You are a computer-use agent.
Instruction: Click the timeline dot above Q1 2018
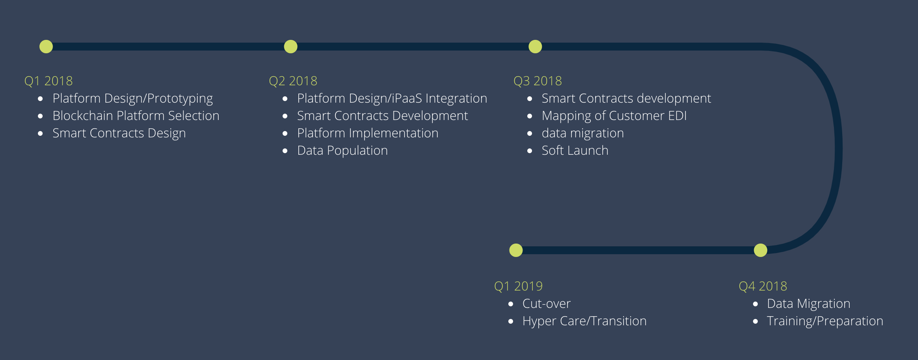click(46, 47)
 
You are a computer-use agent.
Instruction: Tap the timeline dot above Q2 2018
click(290, 47)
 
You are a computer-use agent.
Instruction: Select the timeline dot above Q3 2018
click(535, 47)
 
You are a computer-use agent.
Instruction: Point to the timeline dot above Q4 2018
click(761, 250)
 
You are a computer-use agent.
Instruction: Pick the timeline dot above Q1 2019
click(516, 250)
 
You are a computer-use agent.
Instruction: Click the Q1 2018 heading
click(49, 81)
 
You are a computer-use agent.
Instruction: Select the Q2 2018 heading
click(293, 81)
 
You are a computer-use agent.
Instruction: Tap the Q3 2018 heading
click(538, 81)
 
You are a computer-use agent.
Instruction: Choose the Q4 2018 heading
click(763, 286)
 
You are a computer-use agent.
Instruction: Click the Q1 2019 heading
click(519, 286)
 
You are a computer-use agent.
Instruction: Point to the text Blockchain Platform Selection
click(136, 116)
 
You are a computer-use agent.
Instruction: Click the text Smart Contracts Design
click(119, 133)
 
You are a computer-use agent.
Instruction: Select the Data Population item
click(343, 151)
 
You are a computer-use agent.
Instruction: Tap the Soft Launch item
click(575, 150)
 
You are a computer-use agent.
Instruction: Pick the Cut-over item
click(547, 304)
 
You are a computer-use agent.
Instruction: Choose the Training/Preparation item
click(825, 321)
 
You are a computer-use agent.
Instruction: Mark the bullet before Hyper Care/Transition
click(511, 321)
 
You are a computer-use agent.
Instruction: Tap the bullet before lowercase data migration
click(530, 133)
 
